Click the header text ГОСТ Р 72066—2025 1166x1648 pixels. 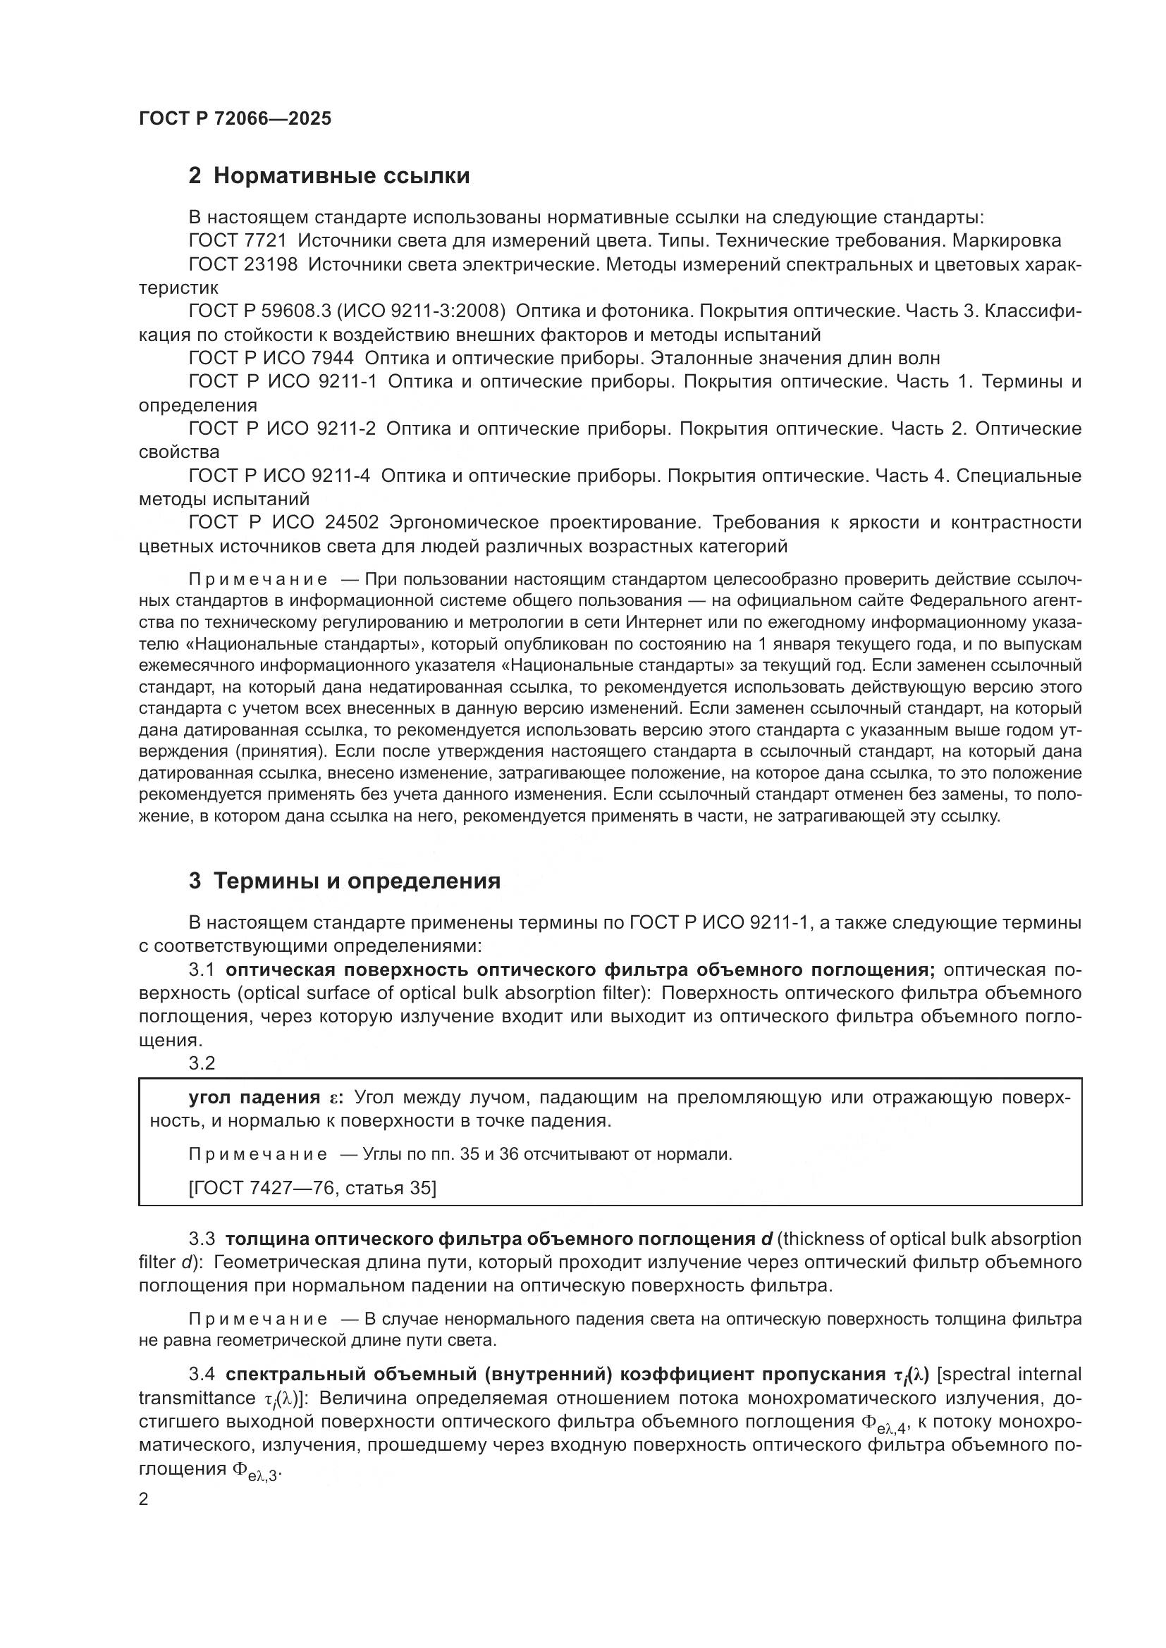[235, 118]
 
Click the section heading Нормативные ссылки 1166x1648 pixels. [342, 175]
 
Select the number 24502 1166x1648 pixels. [352, 522]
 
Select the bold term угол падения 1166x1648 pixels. [254, 1098]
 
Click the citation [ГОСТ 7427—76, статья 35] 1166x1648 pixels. [312, 1188]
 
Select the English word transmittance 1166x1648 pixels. [197, 1397]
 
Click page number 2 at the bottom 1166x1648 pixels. [144, 1499]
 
